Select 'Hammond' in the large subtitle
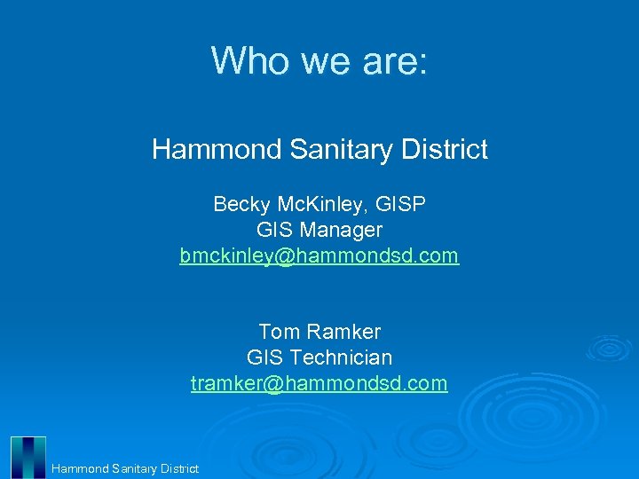[x=217, y=149]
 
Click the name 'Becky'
[x=241, y=204]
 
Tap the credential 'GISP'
[x=401, y=204]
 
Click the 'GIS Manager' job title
[x=319, y=230]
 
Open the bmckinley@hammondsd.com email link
[x=319, y=255]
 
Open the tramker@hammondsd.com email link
[x=319, y=383]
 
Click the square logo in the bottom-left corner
[x=28, y=457]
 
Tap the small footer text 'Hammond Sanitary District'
[x=125, y=468]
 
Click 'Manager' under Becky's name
[x=341, y=230]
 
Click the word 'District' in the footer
[x=179, y=468]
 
